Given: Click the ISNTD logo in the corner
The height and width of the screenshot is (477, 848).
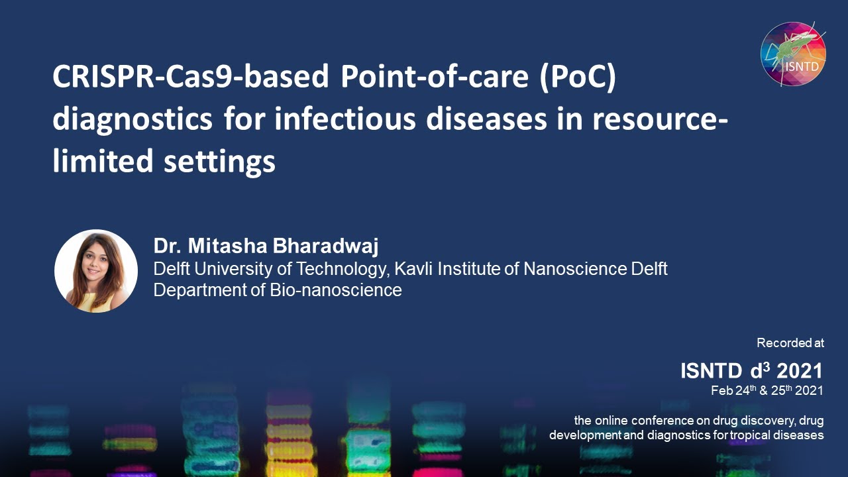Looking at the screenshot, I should [792, 54].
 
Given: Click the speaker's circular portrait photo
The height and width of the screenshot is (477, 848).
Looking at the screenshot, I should [96, 271].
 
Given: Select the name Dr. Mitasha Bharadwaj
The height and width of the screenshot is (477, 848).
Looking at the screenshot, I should [266, 246].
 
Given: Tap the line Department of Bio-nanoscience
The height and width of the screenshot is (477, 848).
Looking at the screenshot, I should [278, 290].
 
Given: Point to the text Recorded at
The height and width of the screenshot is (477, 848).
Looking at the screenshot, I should [790, 343].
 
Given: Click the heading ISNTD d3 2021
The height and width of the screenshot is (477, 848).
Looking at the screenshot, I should [751, 370].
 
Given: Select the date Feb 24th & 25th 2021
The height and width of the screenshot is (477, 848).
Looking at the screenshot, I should [767, 390].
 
